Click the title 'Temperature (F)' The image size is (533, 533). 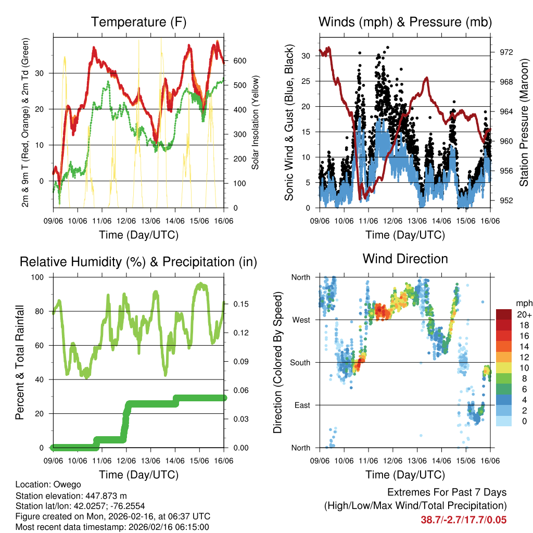click(138, 22)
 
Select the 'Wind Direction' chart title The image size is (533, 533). click(405, 258)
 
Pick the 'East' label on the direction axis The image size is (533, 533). click(301, 405)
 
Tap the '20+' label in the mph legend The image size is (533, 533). click(524, 314)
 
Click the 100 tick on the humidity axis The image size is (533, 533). click(39, 277)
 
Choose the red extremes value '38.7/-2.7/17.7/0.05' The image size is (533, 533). click(463, 519)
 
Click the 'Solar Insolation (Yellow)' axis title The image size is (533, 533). click(255, 123)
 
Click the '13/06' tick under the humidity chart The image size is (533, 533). click(151, 460)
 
